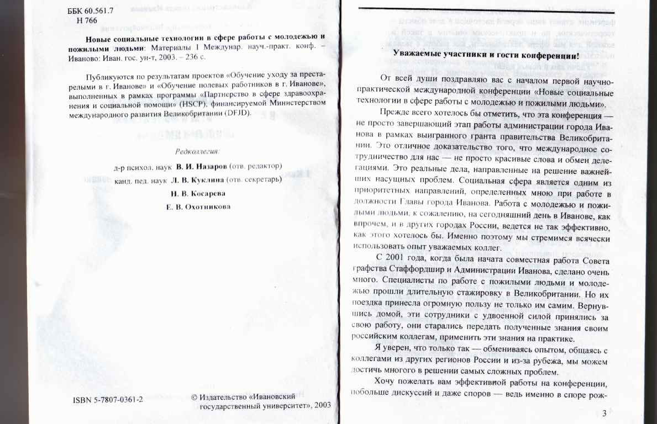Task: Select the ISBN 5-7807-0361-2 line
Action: click(108, 400)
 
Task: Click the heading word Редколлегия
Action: click(197, 151)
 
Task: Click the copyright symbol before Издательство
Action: click(193, 397)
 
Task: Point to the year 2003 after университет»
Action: click(322, 405)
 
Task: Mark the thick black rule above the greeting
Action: click(486, 11)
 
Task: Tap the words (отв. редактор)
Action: click(256, 166)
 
